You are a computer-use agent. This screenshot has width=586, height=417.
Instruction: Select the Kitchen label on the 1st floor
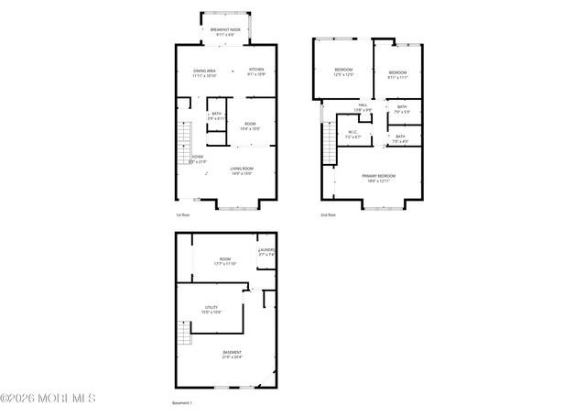(x=256, y=72)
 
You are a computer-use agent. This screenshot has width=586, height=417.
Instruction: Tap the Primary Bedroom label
(x=378, y=178)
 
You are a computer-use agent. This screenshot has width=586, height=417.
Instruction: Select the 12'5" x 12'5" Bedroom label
(x=343, y=72)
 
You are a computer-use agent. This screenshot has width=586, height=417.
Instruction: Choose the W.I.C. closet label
(x=353, y=134)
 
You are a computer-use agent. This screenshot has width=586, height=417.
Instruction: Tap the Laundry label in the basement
(x=266, y=252)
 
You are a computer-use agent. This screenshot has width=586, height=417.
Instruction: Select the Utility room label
(x=211, y=310)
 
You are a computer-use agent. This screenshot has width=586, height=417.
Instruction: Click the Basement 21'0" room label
(x=233, y=355)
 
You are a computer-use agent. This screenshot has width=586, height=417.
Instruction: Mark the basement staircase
(x=184, y=334)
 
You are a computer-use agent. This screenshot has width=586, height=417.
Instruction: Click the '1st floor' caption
(x=183, y=215)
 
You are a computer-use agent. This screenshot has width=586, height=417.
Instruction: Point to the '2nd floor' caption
(x=328, y=215)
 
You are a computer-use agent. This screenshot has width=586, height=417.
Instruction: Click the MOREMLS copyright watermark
(x=48, y=399)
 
